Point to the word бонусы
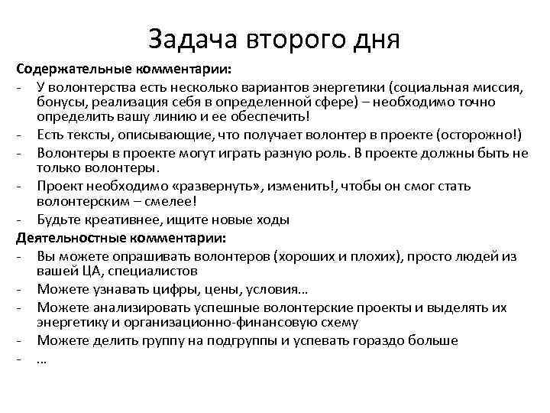pos(58,102)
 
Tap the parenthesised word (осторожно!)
pos(475,135)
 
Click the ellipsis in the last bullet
pos(41,358)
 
